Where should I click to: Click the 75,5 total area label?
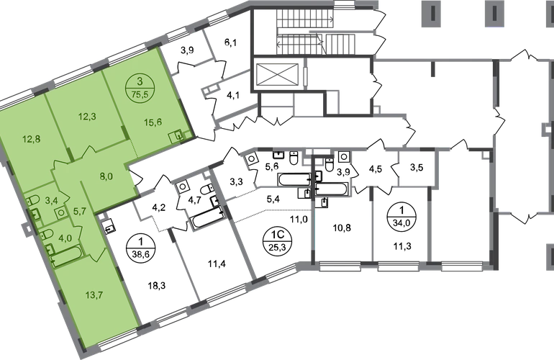click(140, 94)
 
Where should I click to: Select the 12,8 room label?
click(32, 140)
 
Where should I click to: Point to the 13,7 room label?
click(88, 294)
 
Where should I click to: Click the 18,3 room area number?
click(158, 285)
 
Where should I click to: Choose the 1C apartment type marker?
click(276, 235)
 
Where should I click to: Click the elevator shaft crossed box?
click(277, 75)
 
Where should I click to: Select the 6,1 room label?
click(231, 43)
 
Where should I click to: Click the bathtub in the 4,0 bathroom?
click(67, 256)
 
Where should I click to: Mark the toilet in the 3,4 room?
click(32, 201)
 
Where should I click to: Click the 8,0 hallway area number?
click(106, 176)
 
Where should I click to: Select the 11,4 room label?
click(217, 263)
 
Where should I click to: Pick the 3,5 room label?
click(417, 167)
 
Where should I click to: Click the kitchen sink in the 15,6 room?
click(176, 137)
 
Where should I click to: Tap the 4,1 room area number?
click(232, 95)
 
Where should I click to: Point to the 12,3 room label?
click(87, 116)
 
